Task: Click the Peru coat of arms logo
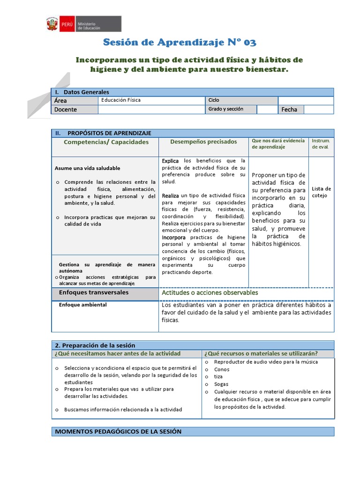coord(52,24)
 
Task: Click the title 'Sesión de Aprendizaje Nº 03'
coord(180,43)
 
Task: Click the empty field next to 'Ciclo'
coord(306,101)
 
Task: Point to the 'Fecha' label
coord(289,110)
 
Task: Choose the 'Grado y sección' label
coord(225,109)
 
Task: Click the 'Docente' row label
coord(66,110)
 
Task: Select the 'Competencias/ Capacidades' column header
coord(106,142)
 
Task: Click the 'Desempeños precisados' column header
coord(203,142)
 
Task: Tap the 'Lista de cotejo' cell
coord(321,192)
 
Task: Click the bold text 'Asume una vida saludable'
coord(88,168)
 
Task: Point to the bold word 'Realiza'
coord(171,195)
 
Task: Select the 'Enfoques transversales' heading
coord(94,292)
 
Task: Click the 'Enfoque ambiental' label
coord(83,305)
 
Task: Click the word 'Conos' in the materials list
coord(222,369)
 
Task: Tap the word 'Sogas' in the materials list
coord(221,384)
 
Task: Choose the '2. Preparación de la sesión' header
coord(95,345)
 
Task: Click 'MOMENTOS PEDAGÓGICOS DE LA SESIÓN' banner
coord(118,431)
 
